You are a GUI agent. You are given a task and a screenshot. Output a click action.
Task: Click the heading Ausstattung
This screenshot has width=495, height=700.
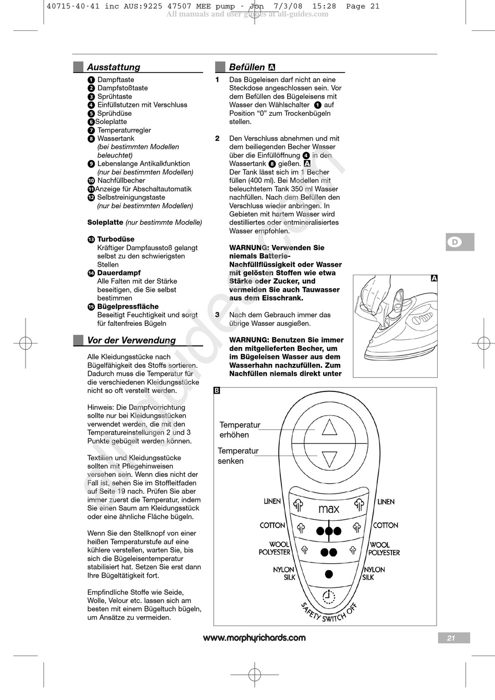pos(113,67)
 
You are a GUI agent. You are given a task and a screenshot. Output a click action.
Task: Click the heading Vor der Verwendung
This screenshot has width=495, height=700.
pos(131,340)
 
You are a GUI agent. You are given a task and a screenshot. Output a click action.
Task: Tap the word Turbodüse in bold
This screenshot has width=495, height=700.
pos(116,239)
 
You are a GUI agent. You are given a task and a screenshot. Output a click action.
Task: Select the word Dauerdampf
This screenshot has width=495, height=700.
pos(119,273)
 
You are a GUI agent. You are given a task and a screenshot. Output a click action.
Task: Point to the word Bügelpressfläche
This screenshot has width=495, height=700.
pos(128,306)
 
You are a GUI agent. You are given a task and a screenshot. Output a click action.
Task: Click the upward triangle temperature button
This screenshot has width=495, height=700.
pos(329,428)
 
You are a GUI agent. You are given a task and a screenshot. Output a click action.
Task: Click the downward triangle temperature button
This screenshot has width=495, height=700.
pos(329,459)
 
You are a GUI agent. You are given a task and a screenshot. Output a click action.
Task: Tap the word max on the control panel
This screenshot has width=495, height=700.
pos(329,509)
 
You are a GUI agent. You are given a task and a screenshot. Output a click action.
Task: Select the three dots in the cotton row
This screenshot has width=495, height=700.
pos(329,531)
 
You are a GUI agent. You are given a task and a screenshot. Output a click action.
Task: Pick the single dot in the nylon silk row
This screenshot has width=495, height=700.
pos(329,574)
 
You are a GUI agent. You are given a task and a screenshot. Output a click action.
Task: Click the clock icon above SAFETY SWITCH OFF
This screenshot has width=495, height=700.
pos(329,596)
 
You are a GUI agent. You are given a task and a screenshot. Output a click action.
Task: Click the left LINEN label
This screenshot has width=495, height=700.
pos(272,501)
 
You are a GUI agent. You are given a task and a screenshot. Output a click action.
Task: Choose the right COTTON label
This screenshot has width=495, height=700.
pos(386,525)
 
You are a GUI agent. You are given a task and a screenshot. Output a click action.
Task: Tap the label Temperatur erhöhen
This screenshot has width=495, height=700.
pos(240,430)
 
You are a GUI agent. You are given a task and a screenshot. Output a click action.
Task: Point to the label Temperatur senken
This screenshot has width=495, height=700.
pos(238,456)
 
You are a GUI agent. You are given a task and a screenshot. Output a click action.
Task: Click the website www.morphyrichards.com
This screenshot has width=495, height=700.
pos(254,638)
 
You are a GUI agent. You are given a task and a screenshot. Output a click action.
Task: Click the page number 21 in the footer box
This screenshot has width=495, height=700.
pos(451,638)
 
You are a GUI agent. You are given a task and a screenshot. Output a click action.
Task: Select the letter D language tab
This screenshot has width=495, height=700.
pos(455,242)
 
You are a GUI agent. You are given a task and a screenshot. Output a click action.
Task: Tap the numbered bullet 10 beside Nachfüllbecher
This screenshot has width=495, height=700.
pos(91,181)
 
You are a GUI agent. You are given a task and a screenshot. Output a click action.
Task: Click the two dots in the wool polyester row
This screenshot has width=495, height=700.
pos(329,552)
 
